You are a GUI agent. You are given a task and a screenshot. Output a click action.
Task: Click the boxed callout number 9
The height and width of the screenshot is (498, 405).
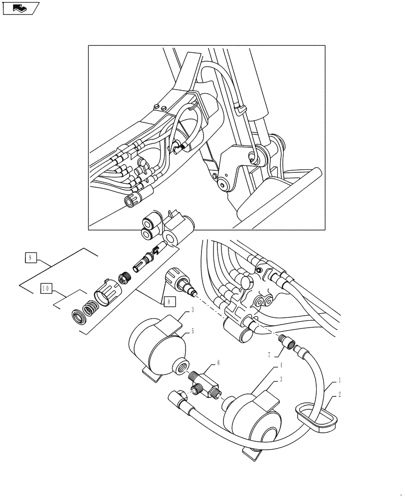30,257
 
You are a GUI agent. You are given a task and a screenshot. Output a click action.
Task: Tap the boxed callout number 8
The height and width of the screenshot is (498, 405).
168,300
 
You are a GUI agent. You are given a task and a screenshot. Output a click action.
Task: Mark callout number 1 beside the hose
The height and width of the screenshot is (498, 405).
340,380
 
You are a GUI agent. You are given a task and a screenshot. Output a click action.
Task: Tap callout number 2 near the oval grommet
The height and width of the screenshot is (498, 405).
340,394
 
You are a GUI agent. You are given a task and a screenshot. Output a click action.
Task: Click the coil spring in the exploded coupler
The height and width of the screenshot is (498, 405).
90,311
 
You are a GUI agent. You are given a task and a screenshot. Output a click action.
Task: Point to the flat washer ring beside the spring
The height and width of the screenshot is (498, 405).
78,317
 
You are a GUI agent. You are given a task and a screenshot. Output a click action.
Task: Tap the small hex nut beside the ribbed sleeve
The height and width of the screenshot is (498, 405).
123,276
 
